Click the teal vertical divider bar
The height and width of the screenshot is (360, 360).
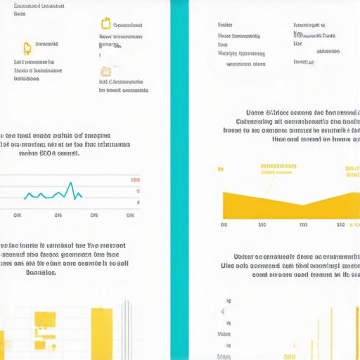180,180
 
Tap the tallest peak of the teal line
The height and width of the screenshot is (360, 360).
71,184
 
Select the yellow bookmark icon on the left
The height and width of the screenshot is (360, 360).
27,48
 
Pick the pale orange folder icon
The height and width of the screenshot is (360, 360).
105,71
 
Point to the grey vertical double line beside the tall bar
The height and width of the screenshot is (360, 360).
127,330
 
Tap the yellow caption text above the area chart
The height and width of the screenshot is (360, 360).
277,169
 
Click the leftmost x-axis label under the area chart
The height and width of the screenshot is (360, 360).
224,226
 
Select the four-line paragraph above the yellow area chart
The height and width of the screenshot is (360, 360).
302,125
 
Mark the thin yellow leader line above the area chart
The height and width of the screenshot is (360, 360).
268,184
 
